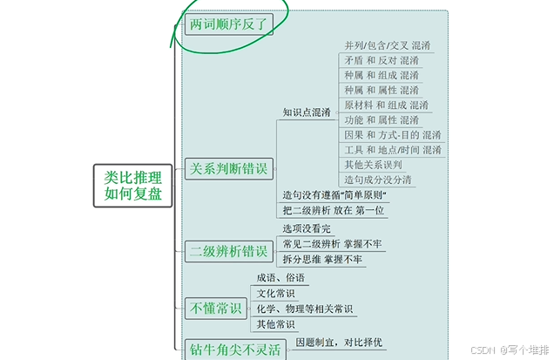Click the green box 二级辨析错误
229,251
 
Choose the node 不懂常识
215,307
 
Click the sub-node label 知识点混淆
306,112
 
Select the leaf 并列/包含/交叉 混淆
387,45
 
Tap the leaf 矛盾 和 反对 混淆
381,60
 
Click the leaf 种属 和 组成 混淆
381,75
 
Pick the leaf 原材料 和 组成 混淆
386,105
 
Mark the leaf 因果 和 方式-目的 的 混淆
392,135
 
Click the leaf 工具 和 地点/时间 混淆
392,150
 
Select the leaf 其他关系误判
373,165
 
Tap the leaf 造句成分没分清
378,180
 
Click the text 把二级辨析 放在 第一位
334,209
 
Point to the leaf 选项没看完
307,228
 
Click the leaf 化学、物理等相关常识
305,309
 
